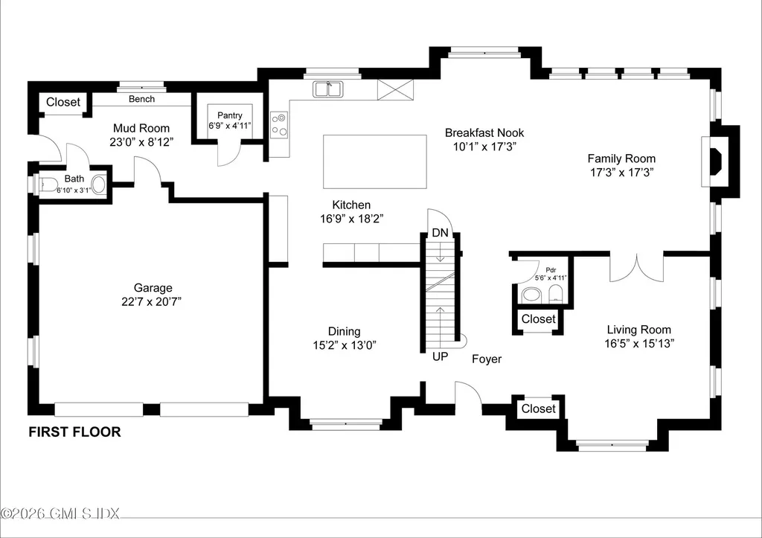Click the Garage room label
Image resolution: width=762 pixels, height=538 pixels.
point(153,288)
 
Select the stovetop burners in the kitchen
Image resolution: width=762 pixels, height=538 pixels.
point(280,124)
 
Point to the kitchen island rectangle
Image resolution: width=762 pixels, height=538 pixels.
point(374,161)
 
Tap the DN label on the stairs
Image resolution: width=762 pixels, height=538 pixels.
point(441,233)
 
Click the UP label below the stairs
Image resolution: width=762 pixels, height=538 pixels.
point(441,356)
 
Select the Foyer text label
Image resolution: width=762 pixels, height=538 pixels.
point(487,359)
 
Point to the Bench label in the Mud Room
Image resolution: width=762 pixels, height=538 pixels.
point(141,99)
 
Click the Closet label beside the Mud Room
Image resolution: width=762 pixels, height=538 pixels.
point(63,102)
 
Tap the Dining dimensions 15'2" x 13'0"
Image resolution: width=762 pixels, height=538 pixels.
point(344,345)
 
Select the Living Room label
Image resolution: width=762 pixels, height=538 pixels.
point(638,330)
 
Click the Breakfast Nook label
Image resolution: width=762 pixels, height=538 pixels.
point(484,132)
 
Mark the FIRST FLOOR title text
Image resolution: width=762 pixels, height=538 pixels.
point(74,432)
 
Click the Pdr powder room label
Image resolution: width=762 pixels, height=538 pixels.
point(551,269)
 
